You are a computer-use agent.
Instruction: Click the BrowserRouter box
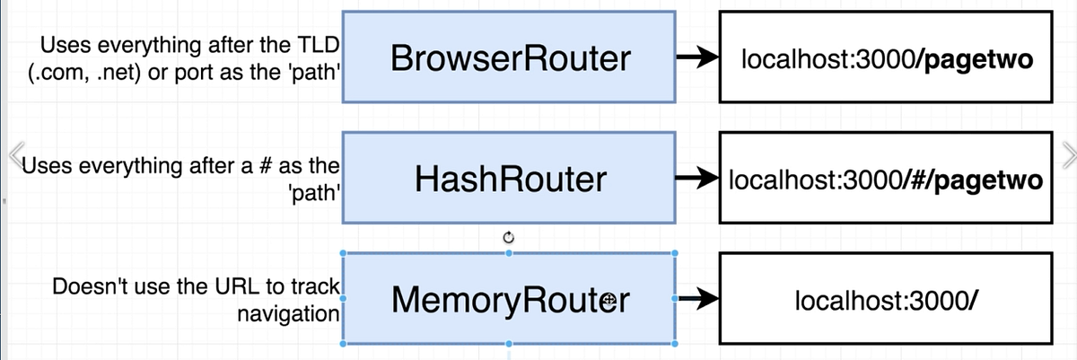pos(510,59)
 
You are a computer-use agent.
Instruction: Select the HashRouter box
pos(510,180)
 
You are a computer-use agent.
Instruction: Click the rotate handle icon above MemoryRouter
pos(510,237)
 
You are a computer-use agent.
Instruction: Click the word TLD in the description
pos(321,45)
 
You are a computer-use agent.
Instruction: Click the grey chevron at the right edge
pos(1067,155)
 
